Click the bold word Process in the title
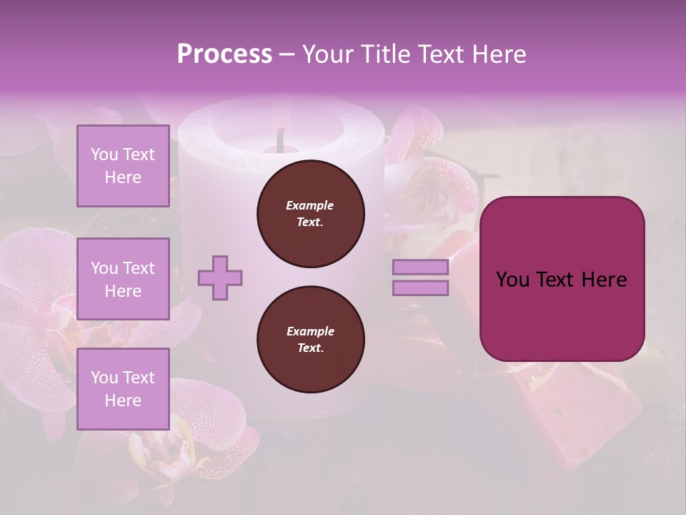(224, 54)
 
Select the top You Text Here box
(123, 166)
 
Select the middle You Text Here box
(123, 279)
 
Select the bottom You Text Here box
(123, 388)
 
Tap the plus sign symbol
(220, 278)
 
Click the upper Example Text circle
(311, 214)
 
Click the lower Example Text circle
(311, 340)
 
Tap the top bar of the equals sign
(421, 267)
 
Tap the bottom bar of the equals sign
(421, 288)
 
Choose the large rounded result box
(562, 279)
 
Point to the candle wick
(281, 139)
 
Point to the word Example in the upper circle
(310, 205)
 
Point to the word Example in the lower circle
(310, 331)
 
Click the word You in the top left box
(104, 154)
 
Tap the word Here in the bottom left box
(123, 401)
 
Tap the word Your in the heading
(328, 54)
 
